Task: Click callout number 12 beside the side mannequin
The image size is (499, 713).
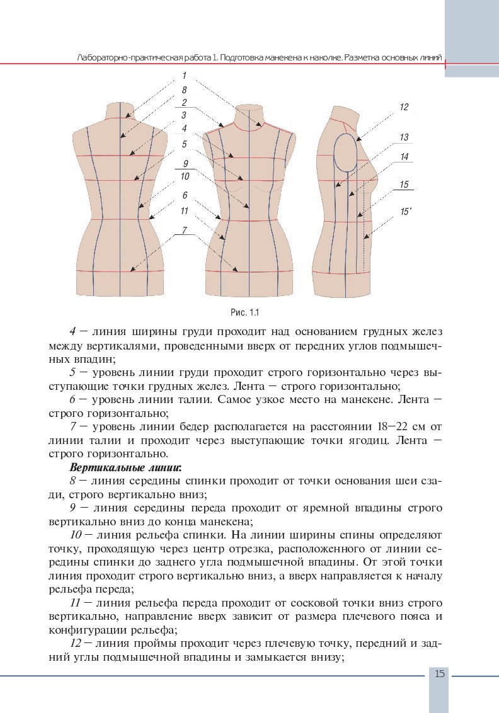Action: pos(404,107)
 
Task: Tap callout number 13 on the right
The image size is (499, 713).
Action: pos(404,137)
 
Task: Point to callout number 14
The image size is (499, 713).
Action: pos(404,156)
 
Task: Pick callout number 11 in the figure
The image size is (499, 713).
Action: pos(184,210)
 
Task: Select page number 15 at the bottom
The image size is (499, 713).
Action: pos(439,674)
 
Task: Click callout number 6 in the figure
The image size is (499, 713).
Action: pos(185,195)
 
